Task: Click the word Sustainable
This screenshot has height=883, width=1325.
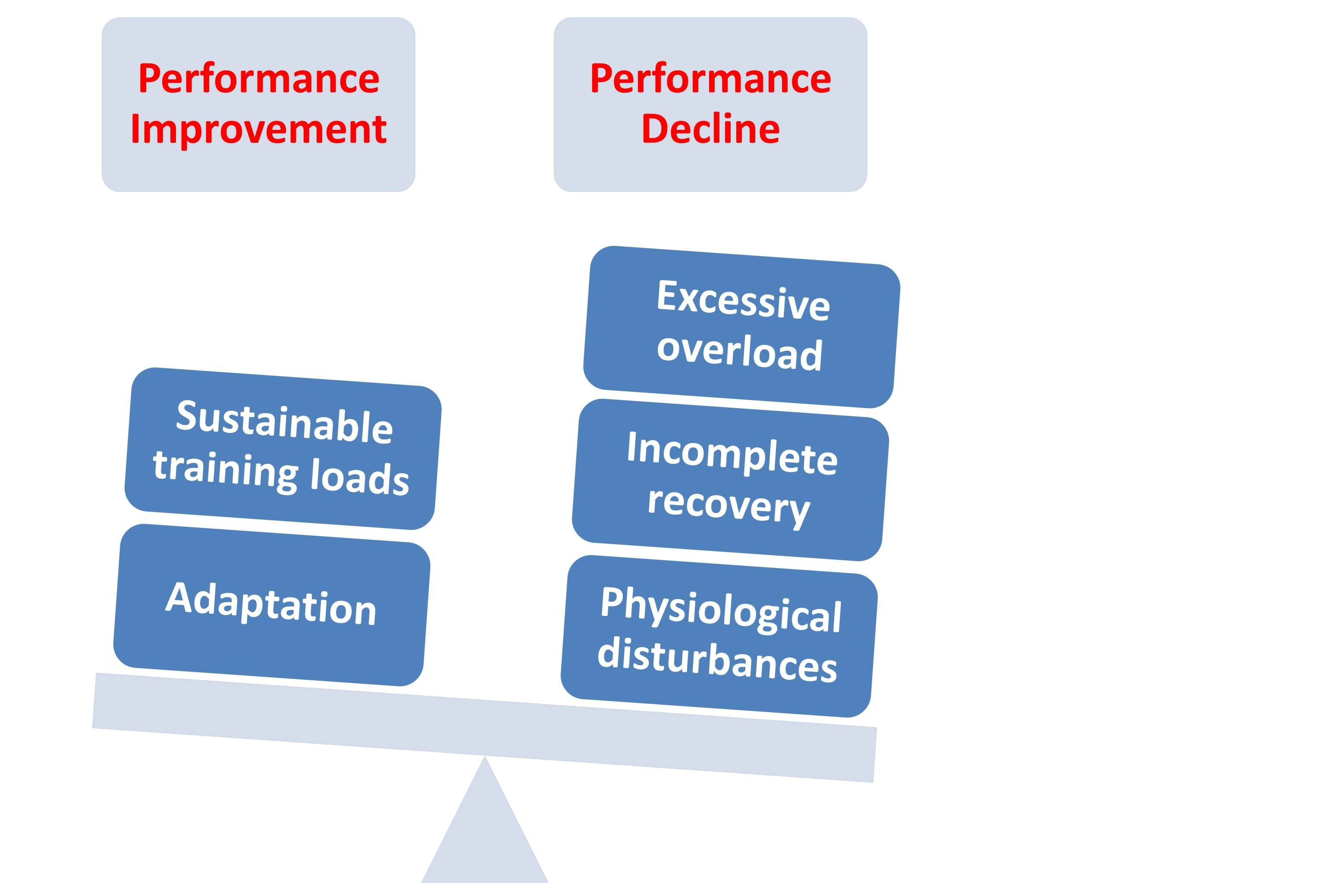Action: click(x=284, y=422)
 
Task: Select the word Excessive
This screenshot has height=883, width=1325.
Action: click(x=743, y=300)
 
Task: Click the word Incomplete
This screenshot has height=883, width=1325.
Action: click(x=732, y=453)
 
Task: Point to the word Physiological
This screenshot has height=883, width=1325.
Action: click(x=721, y=610)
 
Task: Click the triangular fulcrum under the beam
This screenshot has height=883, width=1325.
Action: click(x=485, y=833)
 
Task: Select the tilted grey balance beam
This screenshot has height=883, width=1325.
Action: click(x=484, y=726)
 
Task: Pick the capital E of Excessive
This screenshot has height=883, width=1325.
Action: click(x=667, y=295)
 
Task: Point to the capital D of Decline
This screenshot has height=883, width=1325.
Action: click(x=654, y=129)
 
